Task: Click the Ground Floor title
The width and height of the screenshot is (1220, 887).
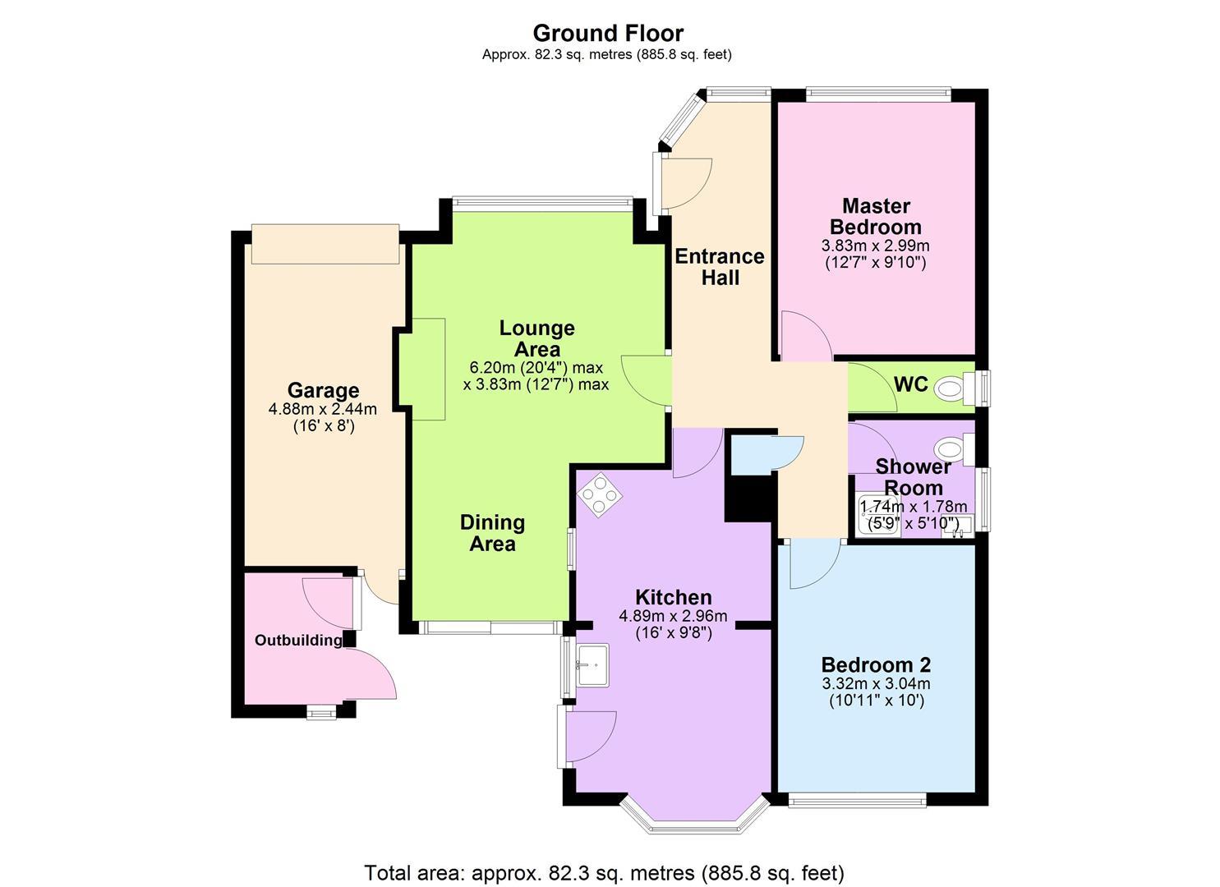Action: click(x=608, y=34)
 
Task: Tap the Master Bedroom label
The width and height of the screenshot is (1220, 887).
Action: click(x=876, y=216)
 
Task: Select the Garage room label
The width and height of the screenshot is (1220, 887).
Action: click(x=323, y=390)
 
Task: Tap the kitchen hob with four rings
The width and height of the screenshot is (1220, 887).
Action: click(x=600, y=494)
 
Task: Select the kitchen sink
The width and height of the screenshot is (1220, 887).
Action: click(x=592, y=665)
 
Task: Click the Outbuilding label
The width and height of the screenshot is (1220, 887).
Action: click(x=298, y=641)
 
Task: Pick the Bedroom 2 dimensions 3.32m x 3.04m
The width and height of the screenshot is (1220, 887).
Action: click(x=877, y=683)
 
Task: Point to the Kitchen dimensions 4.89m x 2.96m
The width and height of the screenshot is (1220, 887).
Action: click(x=673, y=616)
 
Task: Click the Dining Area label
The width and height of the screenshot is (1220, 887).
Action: click(x=492, y=533)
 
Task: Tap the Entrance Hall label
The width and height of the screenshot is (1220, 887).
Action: click(x=720, y=267)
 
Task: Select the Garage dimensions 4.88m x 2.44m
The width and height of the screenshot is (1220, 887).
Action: click(x=323, y=408)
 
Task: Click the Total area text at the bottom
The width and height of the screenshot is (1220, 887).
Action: click(x=605, y=873)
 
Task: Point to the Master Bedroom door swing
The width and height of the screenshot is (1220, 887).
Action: click(x=807, y=336)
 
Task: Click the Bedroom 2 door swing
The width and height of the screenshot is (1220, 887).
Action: click(x=815, y=564)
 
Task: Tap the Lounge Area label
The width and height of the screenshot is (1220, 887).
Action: click(x=537, y=338)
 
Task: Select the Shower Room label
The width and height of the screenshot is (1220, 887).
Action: click(x=914, y=477)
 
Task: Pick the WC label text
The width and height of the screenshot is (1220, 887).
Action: click(x=910, y=384)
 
